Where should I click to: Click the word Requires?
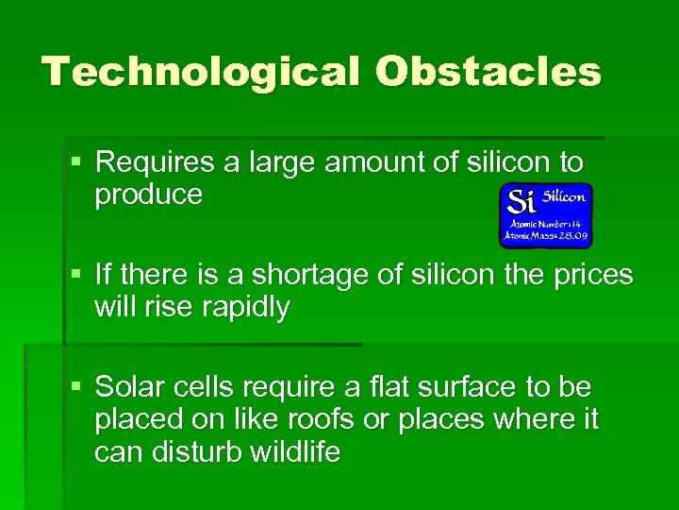tap(156, 162)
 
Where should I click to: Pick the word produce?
tap(148, 195)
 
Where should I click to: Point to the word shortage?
tap(321, 275)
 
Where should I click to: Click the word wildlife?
tap(295, 452)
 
